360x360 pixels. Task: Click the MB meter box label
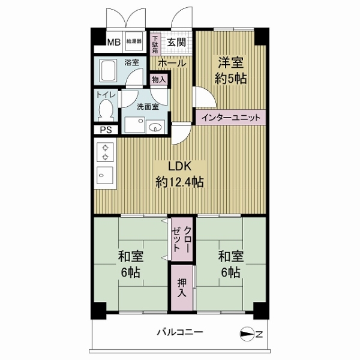[x=114, y=42]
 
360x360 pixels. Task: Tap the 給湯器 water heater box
[x=134, y=41]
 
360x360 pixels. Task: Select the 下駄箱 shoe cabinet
[x=155, y=44]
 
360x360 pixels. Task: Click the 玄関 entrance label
[x=176, y=42]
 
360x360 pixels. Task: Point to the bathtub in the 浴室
[x=108, y=71]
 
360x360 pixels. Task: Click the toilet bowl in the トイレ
[x=106, y=110]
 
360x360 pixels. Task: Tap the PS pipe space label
[x=106, y=130]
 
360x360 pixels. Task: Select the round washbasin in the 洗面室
[x=155, y=127]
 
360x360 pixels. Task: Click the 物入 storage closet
[x=159, y=80]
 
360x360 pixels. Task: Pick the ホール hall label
[x=172, y=63]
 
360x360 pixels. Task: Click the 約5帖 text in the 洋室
[x=230, y=79]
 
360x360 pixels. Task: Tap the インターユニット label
[x=231, y=118]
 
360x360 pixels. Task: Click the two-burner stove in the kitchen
[x=105, y=152]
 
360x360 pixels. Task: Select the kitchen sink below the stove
[x=105, y=176]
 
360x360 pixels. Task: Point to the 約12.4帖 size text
[x=180, y=182]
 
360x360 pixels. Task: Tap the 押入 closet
[x=182, y=287]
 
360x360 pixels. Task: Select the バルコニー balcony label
[x=180, y=332]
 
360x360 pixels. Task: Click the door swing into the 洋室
[x=206, y=97]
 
